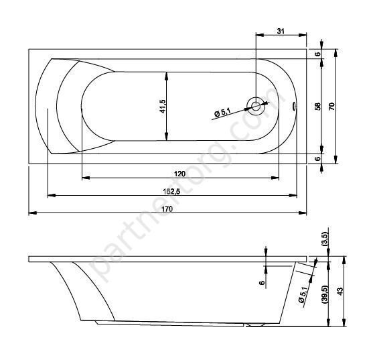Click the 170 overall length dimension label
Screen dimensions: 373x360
tap(167, 208)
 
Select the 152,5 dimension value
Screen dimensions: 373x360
tap(171, 191)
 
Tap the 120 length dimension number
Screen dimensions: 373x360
tap(179, 174)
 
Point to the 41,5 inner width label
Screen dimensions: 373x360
tap(163, 106)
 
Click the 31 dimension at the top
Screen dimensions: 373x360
tap(281, 31)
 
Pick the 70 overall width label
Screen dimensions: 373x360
tap(332, 106)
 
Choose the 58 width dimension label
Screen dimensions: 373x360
tap(318, 106)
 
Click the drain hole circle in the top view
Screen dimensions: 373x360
tap(256, 106)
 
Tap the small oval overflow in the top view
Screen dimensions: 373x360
tap(294, 106)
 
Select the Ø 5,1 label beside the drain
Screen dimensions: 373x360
tap(222, 112)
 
